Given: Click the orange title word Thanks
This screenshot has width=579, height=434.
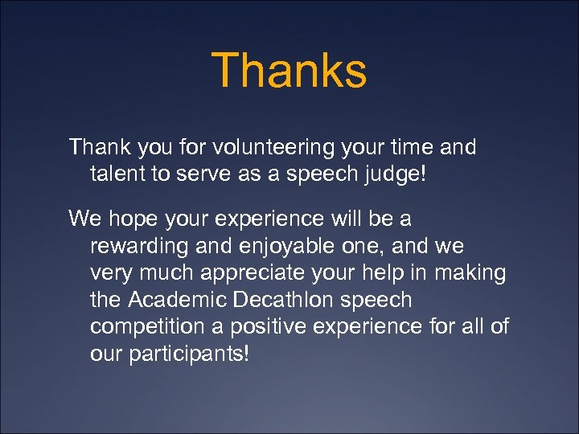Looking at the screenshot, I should pos(289,70).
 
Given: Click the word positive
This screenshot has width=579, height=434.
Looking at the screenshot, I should pos(262,328).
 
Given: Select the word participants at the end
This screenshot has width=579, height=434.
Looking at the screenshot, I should pos(193,355).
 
